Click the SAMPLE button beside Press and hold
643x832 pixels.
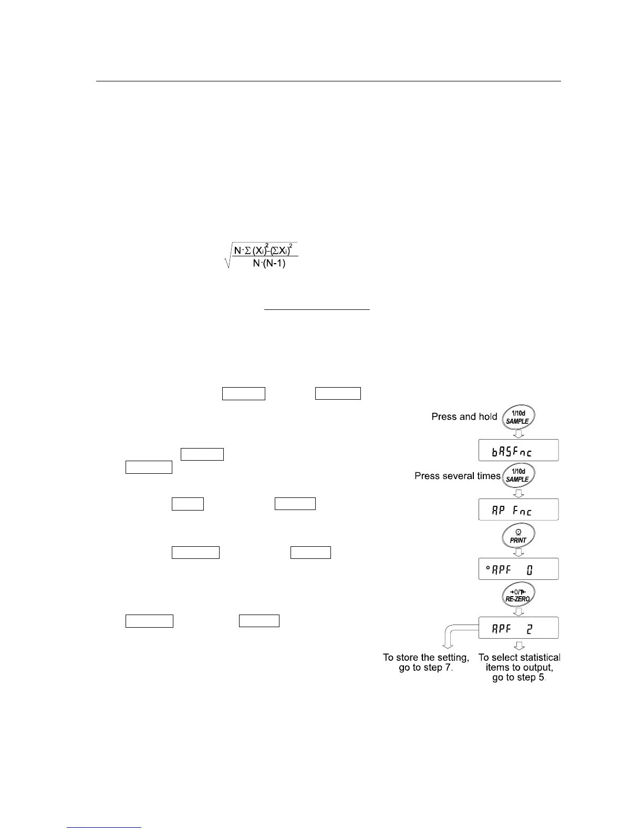tap(518, 418)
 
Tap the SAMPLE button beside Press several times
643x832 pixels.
tap(518, 475)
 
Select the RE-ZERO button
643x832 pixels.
tap(518, 595)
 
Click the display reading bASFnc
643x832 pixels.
tap(518, 451)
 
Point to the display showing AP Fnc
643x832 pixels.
tap(518, 509)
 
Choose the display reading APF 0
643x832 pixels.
tap(518, 569)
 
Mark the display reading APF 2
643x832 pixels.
tap(518, 628)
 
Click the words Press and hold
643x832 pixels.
tap(464, 417)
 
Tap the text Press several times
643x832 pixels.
tap(458, 476)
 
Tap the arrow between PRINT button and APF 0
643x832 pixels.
tap(518, 552)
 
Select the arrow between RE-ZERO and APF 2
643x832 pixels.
tap(518, 611)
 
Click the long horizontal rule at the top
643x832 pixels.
tap(328, 81)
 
